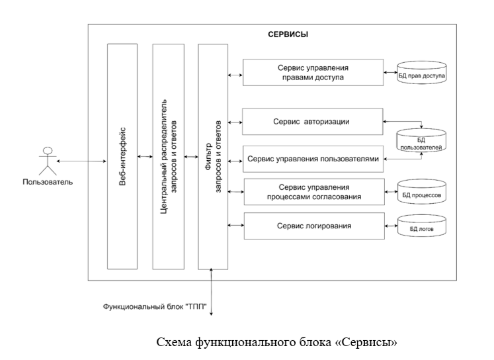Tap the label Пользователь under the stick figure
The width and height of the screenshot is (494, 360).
click(x=48, y=181)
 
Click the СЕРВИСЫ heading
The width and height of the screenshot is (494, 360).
click(x=287, y=34)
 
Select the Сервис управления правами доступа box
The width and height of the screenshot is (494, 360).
click(x=313, y=73)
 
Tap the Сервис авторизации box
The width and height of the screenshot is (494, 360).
click(x=313, y=122)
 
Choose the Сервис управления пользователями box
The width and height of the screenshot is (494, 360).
click(x=313, y=159)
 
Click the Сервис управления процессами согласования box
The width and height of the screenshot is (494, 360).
click(x=313, y=191)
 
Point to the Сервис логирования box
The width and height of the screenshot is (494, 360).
click(x=313, y=226)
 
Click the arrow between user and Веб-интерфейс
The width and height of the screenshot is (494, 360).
click(x=81, y=160)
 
